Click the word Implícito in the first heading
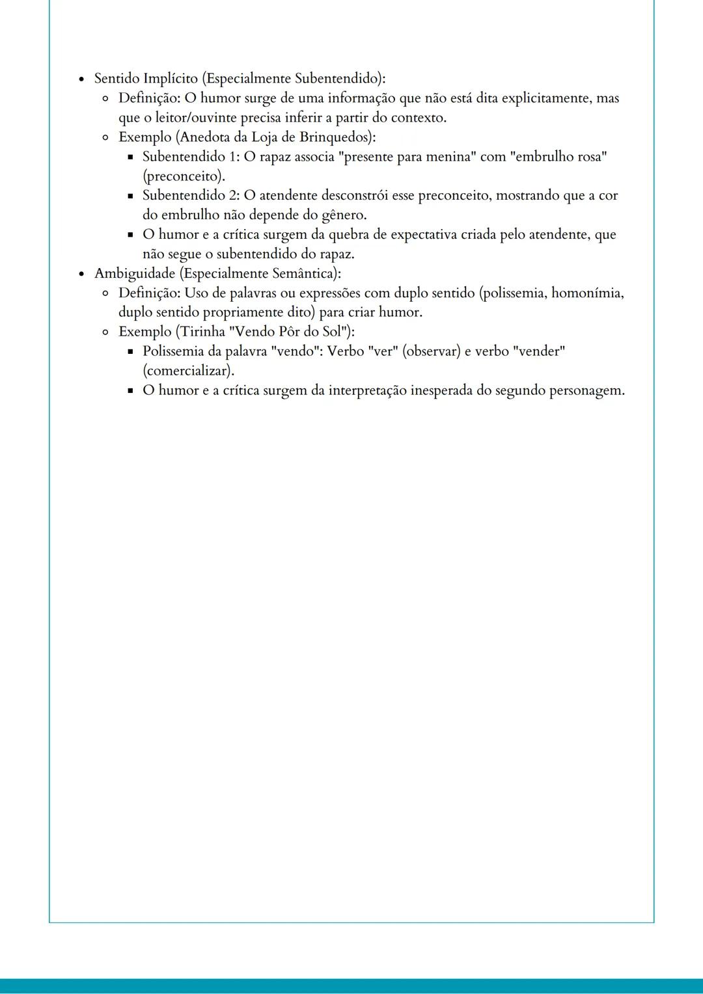pos(171,79)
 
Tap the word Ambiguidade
pos(135,274)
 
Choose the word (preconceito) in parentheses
pos(184,176)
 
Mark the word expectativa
pos(424,235)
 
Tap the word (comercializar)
pos(188,371)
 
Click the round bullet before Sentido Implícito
pos(81,79)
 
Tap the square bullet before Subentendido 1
pos(130,157)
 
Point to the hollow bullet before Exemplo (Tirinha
pos(105,332)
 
